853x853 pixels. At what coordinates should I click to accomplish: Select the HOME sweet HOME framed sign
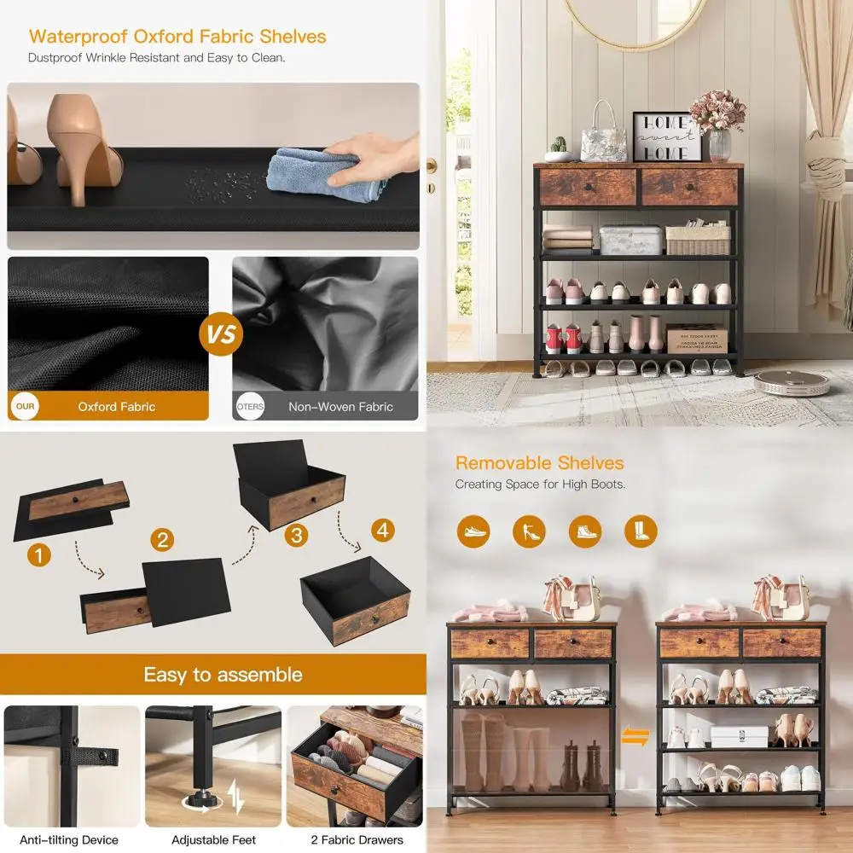tap(666, 136)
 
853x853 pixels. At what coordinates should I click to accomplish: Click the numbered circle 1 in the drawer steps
tap(38, 555)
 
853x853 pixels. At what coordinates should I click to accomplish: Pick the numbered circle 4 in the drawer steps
tap(383, 530)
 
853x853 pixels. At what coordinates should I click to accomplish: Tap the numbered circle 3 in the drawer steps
tap(295, 536)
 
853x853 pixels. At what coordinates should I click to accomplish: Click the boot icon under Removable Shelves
tap(640, 531)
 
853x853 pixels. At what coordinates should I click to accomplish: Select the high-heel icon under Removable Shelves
tap(529, 531)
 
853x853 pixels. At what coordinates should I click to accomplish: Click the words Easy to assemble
tap(223, 675)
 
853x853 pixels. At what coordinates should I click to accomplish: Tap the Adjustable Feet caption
tap(213, 840)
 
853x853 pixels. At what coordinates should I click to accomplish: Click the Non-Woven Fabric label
tap(340, 407)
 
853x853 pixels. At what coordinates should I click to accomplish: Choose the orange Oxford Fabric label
tap(117, 407)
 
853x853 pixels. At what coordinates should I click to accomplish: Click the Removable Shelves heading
tap(539, 463)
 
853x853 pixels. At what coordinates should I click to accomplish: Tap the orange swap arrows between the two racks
tap(635, 735)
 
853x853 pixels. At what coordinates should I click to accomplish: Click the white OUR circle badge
tap(26, 406)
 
